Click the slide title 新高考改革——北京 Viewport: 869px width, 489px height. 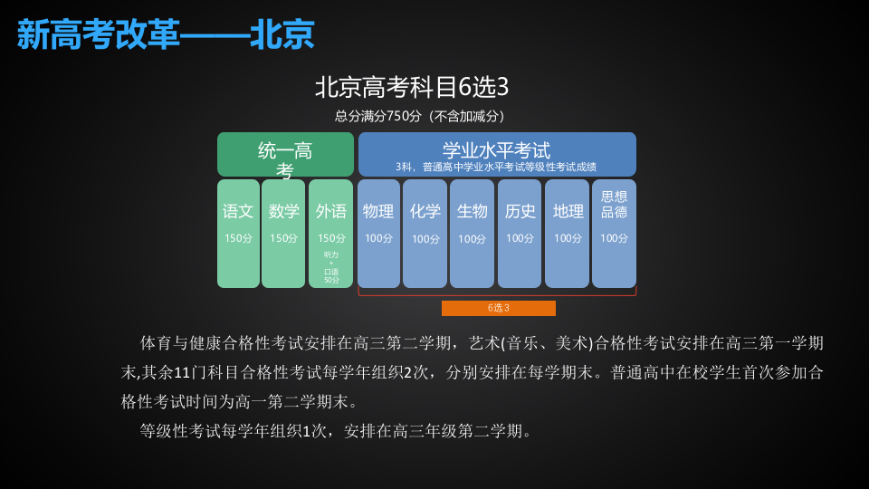(166, 34)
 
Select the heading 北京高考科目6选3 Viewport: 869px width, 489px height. (412, 87)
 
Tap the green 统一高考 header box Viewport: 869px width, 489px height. (285, 154)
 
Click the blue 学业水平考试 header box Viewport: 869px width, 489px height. (497, 154)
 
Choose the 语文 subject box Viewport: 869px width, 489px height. (238, 233)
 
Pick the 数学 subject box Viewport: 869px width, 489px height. (283, 233)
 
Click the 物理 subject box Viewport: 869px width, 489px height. (378, 233)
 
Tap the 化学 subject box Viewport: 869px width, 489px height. (425, 233)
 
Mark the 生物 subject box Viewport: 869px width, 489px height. (472, 233)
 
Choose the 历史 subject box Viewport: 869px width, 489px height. (520, 233)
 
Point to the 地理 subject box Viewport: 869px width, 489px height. (567, 233)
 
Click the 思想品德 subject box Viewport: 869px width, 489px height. (614, 233)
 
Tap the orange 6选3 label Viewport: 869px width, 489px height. (498, 308)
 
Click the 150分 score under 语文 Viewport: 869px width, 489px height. (238, 238)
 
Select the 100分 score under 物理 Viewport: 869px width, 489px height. (378, 238)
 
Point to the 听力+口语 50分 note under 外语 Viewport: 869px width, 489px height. (331, 267)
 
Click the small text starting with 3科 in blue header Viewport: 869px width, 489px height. (496, 168)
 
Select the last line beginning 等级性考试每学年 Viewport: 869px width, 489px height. (336, 431)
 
